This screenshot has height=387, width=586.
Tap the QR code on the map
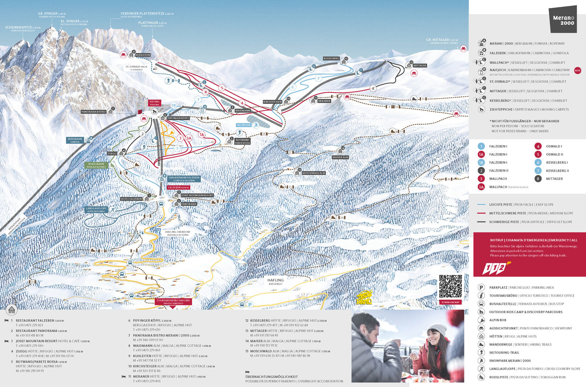451,286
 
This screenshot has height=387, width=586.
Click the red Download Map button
451,302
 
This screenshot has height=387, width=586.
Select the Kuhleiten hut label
143,55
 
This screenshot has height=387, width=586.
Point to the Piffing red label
154,103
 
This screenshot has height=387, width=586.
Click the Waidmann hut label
243,111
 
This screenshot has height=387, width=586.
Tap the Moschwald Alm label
313,173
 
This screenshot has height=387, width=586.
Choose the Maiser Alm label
340,157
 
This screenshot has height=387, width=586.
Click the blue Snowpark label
244,125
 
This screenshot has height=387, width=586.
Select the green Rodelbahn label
96,165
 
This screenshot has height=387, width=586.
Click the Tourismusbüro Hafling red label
173,302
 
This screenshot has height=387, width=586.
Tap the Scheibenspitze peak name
22,28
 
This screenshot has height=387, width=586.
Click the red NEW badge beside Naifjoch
577,70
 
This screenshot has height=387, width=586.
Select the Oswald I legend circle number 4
538,146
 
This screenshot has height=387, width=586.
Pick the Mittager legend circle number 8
538,179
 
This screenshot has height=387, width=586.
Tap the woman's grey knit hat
437,329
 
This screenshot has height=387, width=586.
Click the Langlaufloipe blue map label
96,210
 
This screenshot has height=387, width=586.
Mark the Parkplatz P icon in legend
481,287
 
